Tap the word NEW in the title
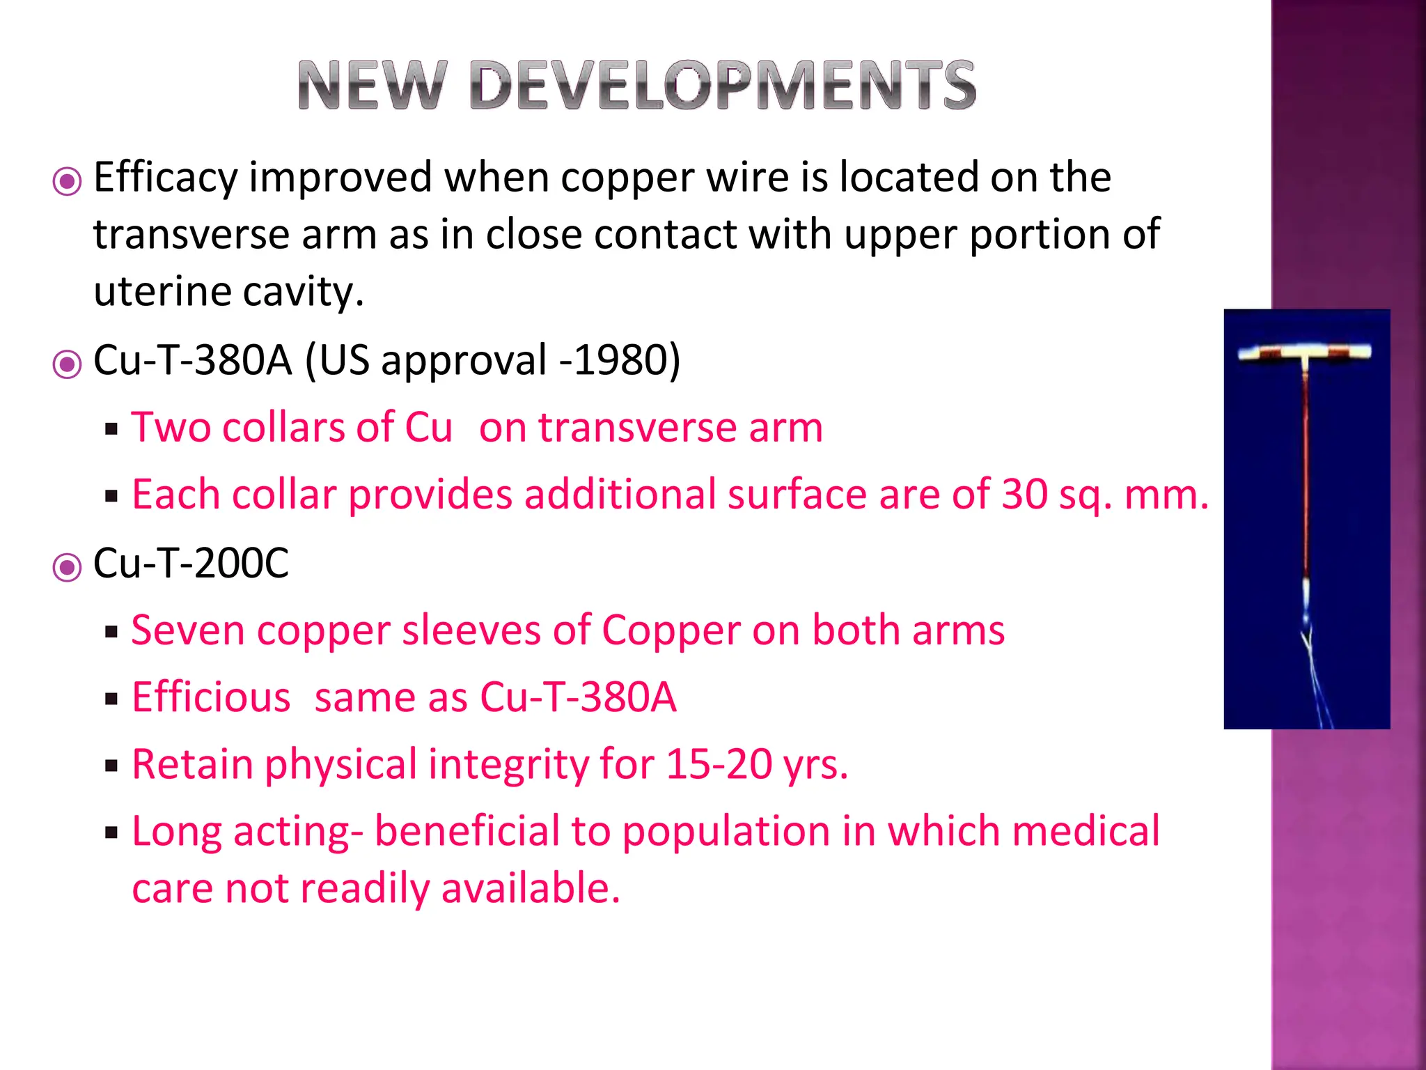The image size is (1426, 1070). [370, 86]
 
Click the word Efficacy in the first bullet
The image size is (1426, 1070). [166, 178]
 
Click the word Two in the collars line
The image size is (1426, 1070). [171, 427]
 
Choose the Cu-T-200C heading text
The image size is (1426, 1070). [191, 563]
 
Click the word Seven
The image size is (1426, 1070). [188, 630]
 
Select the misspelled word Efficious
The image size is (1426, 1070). [211, 697]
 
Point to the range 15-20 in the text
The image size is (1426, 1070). [719, 764]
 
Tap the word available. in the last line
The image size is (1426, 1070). [531, 889]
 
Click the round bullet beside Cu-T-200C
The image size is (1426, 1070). [67, 567]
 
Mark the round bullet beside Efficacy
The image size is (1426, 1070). [67, 182]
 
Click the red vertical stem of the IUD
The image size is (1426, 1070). [1306, 474]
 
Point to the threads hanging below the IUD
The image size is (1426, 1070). [1311, 669]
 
